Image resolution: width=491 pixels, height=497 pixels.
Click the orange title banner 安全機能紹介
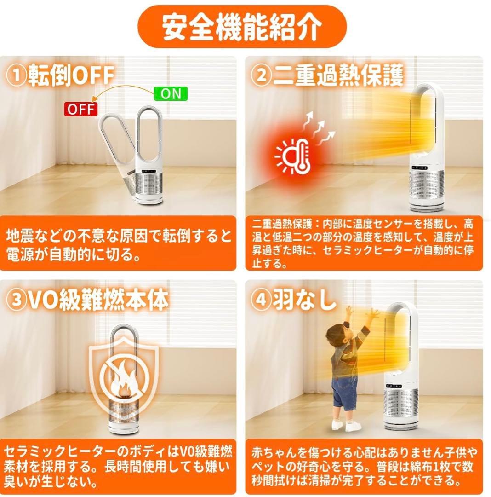(x=242, y=27)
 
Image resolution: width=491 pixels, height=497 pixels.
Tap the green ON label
(x=171, y=94)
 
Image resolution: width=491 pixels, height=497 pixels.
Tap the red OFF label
(x=81, y=110)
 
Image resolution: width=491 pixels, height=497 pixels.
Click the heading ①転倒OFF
(x=61, y=75)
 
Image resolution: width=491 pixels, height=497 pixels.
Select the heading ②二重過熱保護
(x=327, y=75)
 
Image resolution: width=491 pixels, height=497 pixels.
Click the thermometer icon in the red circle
(x=300, y=156)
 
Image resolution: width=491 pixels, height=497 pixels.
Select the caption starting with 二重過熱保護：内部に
(x=363, y=243)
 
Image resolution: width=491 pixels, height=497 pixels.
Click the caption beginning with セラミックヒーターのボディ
(x=118, y=466)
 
